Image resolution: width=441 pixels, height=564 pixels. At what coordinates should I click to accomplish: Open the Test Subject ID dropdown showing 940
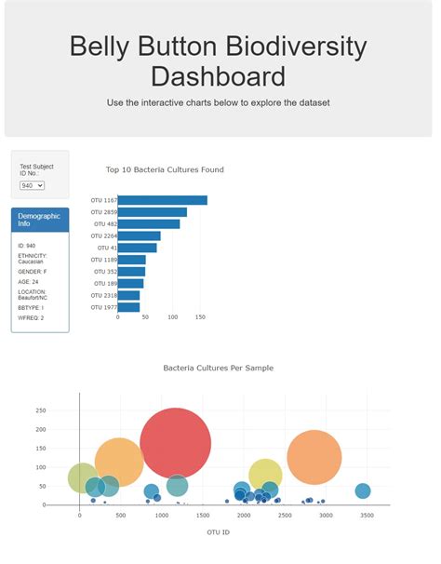(x=33, y=185)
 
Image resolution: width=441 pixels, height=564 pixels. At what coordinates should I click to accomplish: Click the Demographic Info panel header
(x=39, y=220)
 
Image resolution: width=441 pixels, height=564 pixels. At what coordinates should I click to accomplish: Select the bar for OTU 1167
(x=162, y=200)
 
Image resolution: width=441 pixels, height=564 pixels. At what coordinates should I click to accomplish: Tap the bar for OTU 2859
(x=152, y=212)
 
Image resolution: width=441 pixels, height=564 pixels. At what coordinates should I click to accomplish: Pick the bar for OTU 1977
(x=128, y=307)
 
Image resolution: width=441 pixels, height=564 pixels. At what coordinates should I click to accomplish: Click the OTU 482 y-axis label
(x=103, y=224)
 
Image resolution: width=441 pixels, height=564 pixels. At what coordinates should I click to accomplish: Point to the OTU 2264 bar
(x=140, y=235)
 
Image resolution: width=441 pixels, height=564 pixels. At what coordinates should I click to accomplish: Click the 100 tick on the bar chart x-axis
(x=173, y=317)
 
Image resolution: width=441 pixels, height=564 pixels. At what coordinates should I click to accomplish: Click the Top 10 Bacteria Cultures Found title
(x=165, y=170)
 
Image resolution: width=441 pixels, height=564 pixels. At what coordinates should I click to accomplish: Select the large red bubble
(x=175, y=443)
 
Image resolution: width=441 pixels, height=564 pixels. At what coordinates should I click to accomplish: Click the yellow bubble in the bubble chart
(x=265, y=474)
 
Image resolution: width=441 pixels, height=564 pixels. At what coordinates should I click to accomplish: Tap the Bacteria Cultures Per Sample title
(x=219, y=369)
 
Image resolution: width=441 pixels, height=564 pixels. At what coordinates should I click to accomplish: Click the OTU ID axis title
(x=220, y=532)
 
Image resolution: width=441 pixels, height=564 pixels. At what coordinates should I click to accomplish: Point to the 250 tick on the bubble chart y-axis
(x=40, y=410)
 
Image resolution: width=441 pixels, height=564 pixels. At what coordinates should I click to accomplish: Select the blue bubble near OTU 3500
(x=363, y=490)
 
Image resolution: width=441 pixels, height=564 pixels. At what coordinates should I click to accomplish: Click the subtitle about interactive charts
(x=219, y=102)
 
